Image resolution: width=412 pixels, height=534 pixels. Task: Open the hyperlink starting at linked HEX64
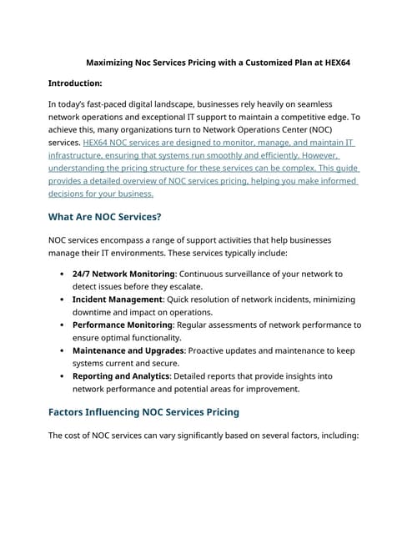pos(98,144)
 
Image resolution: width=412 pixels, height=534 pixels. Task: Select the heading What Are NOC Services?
pos(105,217)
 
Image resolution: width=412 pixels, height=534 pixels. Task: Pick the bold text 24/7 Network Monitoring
pos(122,274)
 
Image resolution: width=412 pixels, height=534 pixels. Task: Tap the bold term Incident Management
pos(118,299)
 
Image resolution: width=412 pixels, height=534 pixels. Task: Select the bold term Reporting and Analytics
pos(120,376)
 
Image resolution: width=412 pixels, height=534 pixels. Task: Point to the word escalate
pos(189,286)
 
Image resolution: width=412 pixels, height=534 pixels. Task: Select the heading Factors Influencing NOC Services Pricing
pos(143,411)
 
